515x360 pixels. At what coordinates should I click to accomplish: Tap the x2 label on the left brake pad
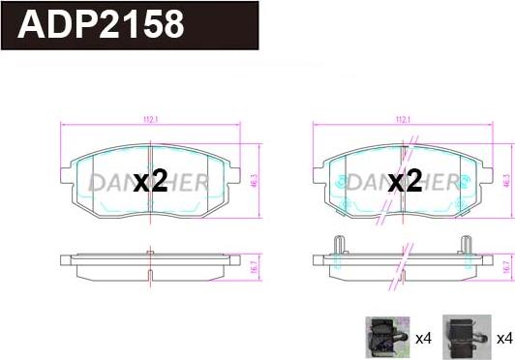click(150, 182)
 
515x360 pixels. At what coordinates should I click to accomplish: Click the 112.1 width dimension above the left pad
click(149, 120)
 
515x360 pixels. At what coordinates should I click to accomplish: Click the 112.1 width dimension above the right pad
click(403, 120)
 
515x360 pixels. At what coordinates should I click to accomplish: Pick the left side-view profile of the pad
click(149, 262)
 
